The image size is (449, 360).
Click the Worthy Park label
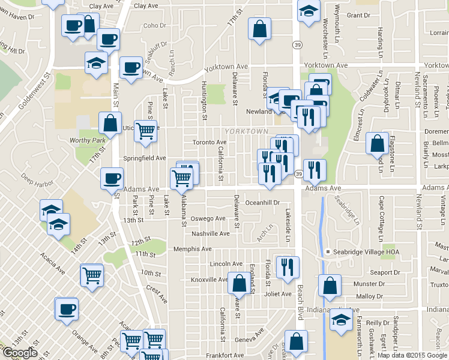click(x=88, y=140)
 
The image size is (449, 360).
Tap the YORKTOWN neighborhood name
click(x=246, y=131)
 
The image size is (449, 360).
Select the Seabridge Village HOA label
click(x=362, y=251)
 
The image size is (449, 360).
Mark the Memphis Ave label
click(x=192, y=249)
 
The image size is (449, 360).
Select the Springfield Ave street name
click(x=144, y=158)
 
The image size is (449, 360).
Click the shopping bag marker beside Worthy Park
click(x=110, y=123)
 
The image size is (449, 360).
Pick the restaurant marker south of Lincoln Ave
click(x=289, y=267)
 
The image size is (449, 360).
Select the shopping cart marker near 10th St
click(x=92, y=275)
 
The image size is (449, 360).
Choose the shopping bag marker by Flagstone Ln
click(x=377, y=143)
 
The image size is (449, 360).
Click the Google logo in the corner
click(x=20, y=353)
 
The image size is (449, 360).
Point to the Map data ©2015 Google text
click(x=412, y=355)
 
